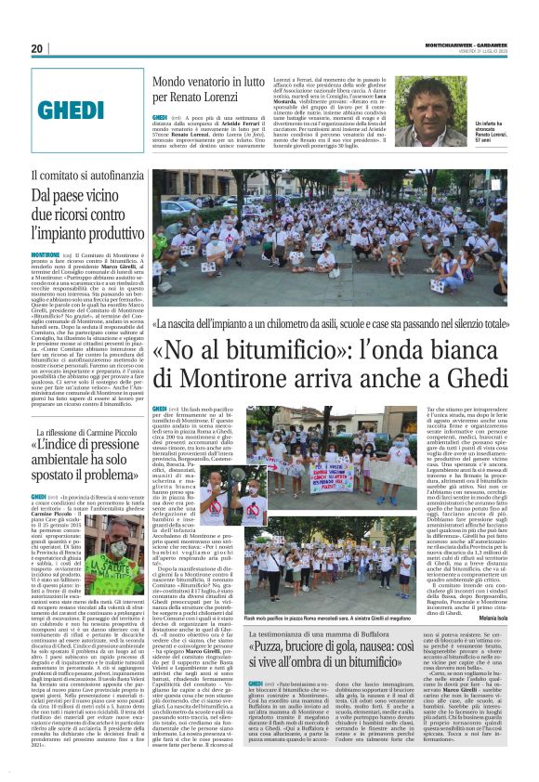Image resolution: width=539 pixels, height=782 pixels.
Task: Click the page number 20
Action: (36, 48)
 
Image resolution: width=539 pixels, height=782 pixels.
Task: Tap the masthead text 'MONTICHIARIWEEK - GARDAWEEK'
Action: (464, 42)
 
